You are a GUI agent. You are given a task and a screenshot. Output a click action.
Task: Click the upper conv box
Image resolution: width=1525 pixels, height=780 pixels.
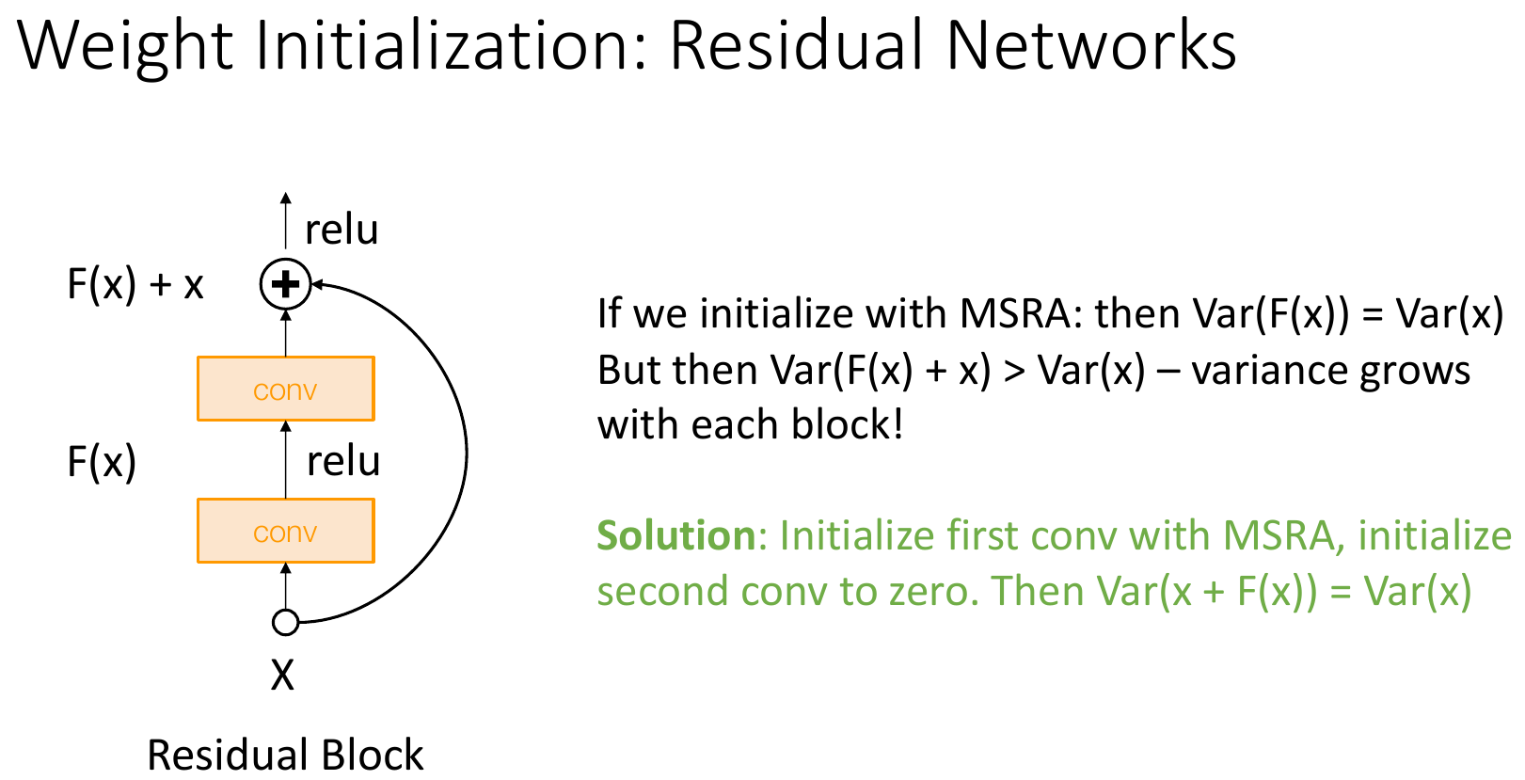(x=286, y=389)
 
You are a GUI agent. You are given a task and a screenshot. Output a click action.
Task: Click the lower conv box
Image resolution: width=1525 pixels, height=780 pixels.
(x=286, y=531)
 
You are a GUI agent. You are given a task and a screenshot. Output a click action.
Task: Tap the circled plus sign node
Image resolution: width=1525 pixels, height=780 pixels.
(x=285, y=284)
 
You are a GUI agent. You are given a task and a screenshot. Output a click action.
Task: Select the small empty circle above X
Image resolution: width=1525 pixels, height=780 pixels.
(x=285, y=622)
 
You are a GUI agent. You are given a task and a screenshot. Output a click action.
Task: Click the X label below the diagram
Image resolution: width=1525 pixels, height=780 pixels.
(x=282, y=676)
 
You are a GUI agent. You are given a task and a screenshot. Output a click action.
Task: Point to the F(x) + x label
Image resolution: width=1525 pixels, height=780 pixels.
(x=135, y=284)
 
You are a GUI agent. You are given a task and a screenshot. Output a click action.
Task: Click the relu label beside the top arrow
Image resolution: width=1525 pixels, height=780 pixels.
(x=342, y=230)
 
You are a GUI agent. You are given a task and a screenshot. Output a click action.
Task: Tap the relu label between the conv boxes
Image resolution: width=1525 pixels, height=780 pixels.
(x=343, y=461)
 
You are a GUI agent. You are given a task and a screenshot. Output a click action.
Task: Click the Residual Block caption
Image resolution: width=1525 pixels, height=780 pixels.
(x=285, y=755)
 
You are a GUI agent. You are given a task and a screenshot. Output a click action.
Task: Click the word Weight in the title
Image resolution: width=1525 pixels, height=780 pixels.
(x=126, y=46)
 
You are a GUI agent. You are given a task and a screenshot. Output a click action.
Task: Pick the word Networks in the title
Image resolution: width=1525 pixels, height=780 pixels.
(x=1090, y=45)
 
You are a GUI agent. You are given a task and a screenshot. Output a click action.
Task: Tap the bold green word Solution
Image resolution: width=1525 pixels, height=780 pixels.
(x=676, y=535)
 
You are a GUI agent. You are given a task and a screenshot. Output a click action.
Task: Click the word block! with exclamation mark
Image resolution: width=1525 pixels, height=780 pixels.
(x=847, y=424)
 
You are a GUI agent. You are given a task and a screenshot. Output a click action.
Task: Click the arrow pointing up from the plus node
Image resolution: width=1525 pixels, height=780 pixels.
(x=286, y=220)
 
